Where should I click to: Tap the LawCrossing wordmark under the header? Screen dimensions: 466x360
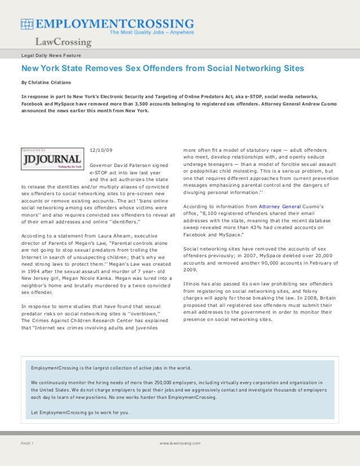(63, 42)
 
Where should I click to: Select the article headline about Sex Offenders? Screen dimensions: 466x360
(163, 68)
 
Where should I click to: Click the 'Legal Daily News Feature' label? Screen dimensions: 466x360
(50, 55)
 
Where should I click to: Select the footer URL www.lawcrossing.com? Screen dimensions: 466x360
(179, 443)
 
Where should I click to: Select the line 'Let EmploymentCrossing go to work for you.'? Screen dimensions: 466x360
(80, 412)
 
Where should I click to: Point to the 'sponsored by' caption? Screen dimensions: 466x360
(33, 150)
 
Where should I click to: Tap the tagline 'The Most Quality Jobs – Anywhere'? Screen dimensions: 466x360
(151, 33)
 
